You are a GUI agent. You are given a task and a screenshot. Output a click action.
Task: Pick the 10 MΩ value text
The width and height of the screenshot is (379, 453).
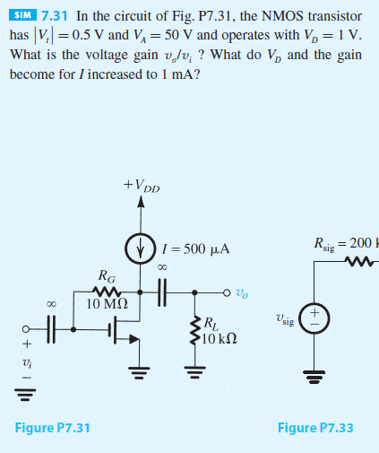pos(106,303)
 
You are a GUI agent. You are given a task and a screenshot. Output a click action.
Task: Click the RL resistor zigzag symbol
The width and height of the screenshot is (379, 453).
pos(193,329)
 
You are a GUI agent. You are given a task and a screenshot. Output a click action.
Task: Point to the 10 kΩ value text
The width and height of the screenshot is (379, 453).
pos(218,337)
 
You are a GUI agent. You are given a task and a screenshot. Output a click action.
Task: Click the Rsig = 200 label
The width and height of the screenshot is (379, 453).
pos(345,242)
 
